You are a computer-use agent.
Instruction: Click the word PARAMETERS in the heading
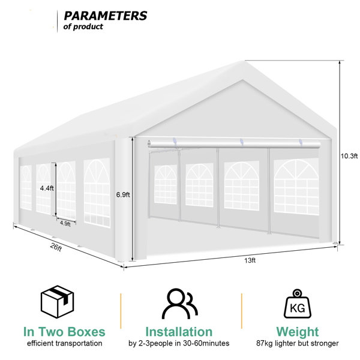coord(106,16)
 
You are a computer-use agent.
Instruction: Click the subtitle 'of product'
coord(83,26)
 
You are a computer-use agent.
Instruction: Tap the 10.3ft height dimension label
coord(349,156)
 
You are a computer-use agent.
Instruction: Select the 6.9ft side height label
coord(123,194)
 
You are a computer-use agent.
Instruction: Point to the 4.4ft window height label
coord(47,188)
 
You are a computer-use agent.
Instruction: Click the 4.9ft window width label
coord(65,223)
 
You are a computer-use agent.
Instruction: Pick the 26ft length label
coord(56,247)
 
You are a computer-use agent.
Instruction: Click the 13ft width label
coord(250,260)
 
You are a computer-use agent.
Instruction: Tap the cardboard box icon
coord(57,302)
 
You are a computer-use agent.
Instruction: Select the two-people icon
coord(179,304)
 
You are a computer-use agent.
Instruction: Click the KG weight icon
coord(298,304)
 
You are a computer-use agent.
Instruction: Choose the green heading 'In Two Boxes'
coord(64,332)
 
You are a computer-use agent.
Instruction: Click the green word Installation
coord(179,332)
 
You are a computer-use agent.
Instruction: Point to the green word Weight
coord(298,332)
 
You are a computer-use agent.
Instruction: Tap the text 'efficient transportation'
coord(65,343)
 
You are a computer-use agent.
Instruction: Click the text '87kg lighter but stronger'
coord(298,343)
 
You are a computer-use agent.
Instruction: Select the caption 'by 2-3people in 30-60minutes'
coord(179,343)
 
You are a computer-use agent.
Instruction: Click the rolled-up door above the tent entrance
coord(234,144)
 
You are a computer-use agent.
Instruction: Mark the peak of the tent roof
coord(243,62)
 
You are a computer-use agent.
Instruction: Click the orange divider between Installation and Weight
coord(242,311)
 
